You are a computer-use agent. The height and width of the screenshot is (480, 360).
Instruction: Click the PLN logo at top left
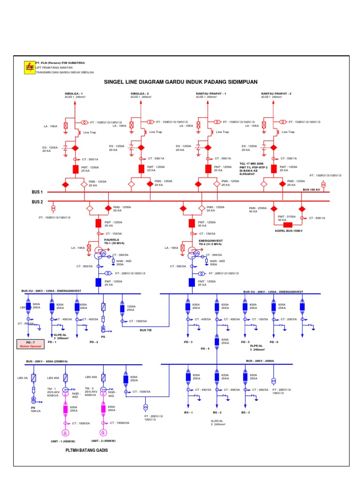click(x=29, y=67)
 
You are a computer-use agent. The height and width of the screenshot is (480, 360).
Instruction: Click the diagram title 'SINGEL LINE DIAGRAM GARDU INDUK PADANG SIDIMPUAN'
click(x=180, y=82)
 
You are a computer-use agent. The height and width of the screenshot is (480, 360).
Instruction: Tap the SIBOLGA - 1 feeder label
click(x=74, y=94)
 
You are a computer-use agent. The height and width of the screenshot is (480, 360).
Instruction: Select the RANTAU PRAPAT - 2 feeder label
click(x=276, y=94)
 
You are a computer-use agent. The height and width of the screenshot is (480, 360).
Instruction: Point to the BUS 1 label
click(x=37, y=192)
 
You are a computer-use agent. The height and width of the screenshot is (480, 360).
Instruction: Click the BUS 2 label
click(x=37, y=202)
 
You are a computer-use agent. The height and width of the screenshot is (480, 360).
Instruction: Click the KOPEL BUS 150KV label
click(x=289, y=231)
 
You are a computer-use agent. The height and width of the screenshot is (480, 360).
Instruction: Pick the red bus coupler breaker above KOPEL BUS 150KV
click(x=288, y=225)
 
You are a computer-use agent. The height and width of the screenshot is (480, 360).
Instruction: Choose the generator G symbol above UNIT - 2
click(x=103, y=432)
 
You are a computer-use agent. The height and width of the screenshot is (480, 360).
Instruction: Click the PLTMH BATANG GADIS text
click(x=86, y=450)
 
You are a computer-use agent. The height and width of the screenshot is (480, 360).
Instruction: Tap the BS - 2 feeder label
click(x=217, y=412)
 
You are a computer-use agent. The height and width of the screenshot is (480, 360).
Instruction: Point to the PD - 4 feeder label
click(x=205, y=349)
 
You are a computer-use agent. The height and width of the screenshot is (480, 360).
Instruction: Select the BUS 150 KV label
click(x=311, y=189)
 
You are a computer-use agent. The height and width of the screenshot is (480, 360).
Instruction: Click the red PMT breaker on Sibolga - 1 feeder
click(x=75, y=169)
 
